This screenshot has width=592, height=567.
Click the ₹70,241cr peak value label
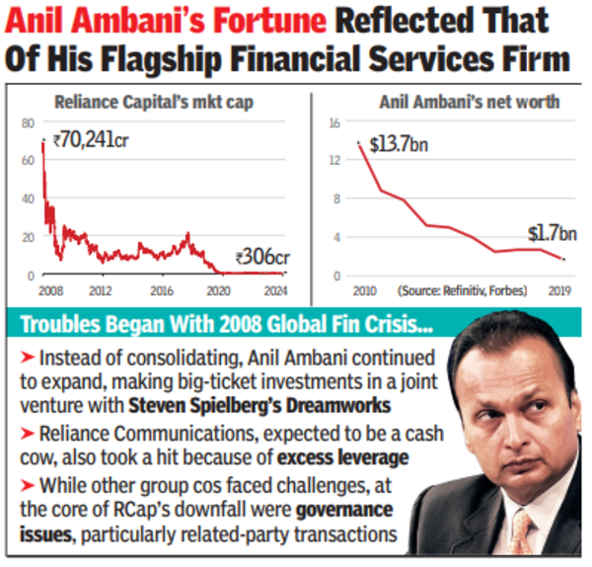[x=91, y=139]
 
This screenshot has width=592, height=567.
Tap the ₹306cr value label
[x=259, y=259]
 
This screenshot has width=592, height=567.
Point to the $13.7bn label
[x=398, y=144]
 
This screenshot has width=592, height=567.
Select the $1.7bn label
[x=550, y=233]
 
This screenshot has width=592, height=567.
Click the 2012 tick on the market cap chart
[x=98, y=290]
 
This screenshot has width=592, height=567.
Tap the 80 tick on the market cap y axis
[x=27, y=122]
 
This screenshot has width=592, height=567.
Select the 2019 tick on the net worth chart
[x=559, y=290]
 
